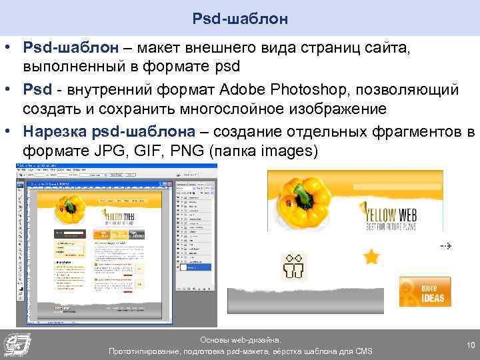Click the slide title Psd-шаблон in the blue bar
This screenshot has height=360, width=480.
240,18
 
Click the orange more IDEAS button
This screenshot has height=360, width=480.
425,291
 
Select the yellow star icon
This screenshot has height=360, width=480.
371,256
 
